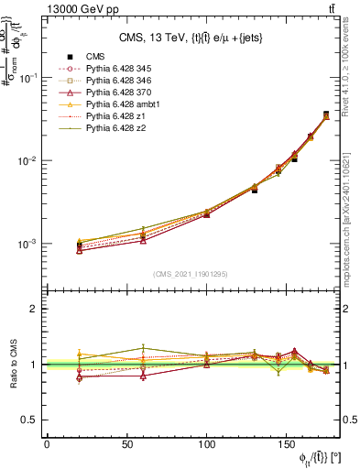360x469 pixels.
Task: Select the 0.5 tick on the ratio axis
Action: point(29,420)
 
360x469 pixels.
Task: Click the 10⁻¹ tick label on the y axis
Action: point(27,78)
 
